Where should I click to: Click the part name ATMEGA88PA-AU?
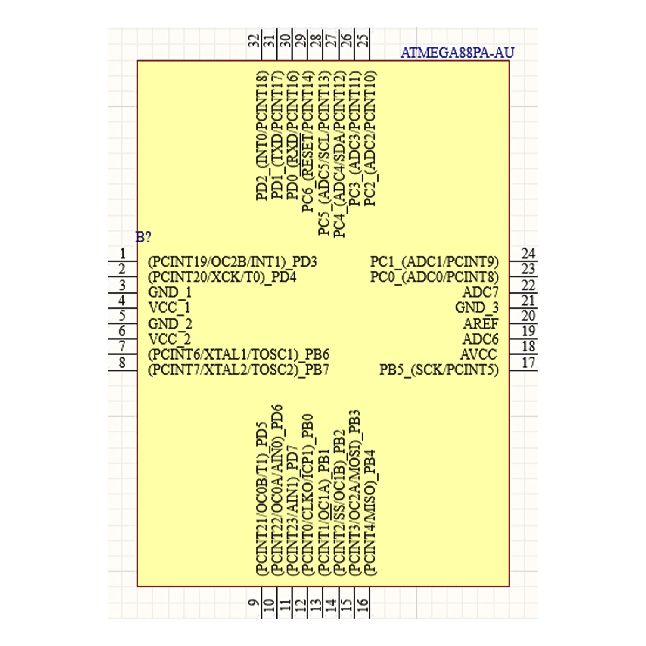(457, 53)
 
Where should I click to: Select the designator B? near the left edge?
(143, 237)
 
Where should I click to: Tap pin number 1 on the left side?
(123, 253)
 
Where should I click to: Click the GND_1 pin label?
(170, 292)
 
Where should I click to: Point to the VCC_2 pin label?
(170, 339)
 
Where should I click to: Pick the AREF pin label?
(481, 323)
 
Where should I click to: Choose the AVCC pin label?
(478, 354)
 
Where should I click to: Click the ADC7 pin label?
(480, 292)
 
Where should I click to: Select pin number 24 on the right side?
(528, 253)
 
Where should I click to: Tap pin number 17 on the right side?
(528, 363)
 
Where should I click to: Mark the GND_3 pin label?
(477, 308)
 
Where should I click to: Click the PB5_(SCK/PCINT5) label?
(439, 370)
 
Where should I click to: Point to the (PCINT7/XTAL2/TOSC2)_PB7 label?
(239, 370)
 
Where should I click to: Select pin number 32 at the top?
(254, 40)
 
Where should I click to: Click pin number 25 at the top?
(363, 40)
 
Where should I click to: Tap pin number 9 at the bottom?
(254, 603)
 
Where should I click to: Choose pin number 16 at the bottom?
(363, 605)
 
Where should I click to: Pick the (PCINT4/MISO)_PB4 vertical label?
(370, 512)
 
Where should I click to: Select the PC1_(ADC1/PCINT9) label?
(434, 261)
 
